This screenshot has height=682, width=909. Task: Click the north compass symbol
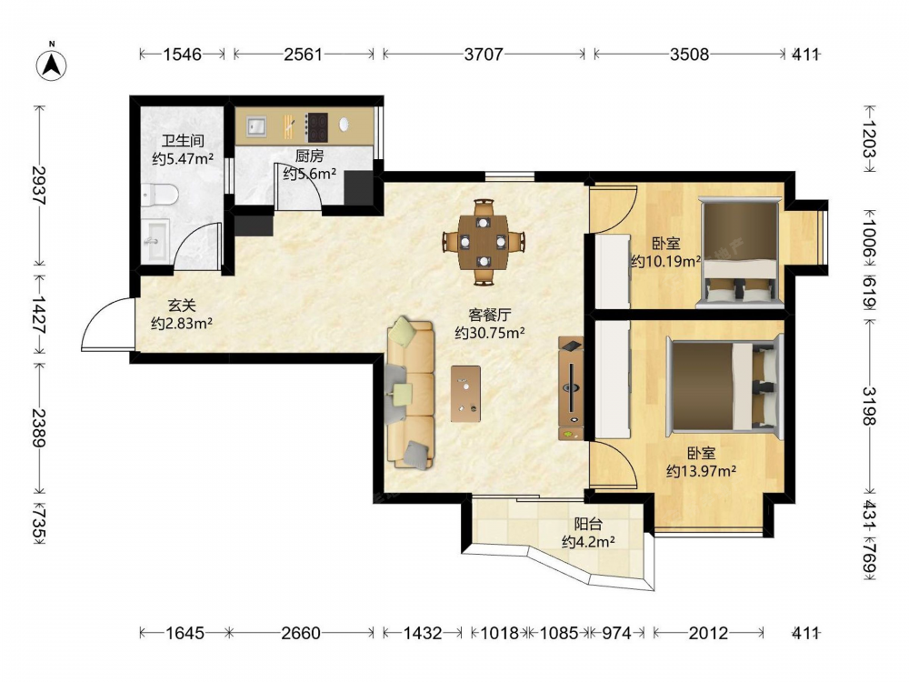tap(52, 63)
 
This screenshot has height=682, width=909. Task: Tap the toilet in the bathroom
tap(159, 195)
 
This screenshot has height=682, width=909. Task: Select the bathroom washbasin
tap(155, 240)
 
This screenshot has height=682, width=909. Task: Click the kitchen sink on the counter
tap(255, 126)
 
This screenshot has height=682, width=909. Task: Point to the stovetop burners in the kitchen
tap(316, 127)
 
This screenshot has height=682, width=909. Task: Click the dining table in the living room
tap(484, 243)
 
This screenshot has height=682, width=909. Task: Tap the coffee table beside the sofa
tap(465, 394)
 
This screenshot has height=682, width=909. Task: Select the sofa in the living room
tap(411, 393)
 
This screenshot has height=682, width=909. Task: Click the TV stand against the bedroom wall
tap(571, 388)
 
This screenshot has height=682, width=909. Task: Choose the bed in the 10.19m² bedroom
tap(740, 252)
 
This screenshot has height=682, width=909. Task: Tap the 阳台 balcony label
tap(588, 525)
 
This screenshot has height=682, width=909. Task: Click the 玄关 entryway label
tap(182, 305)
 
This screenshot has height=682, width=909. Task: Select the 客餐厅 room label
tap(489, 315)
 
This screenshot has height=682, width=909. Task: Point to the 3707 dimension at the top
tap(484, 55)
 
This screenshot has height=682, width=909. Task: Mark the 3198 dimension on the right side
tap(869, 406)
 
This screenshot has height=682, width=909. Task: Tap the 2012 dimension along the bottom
tap(708, 633)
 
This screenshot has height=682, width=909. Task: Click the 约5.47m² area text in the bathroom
tap(183, 158)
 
